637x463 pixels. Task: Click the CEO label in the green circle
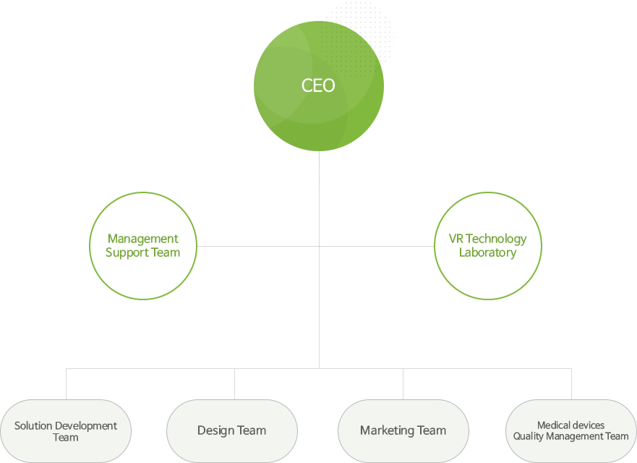click(318, 85)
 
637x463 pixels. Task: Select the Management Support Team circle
click(143, 192)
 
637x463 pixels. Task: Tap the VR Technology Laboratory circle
click(488, 192)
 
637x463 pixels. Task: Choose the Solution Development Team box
click(66, 431)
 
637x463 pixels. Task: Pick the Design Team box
click(232, 431)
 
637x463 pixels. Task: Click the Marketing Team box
click(403, 431)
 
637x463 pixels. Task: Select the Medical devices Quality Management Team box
click(570, 431)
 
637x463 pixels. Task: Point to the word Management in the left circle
click(143, 239)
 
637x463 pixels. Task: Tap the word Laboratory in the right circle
click(488, 252)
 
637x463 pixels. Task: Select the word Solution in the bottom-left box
click(33, 425)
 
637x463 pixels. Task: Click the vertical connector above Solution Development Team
click(67, 383)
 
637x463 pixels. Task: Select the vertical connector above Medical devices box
click(572, 383)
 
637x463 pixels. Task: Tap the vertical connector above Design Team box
click(235, 383)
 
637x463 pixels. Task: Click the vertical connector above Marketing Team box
click(403, 383)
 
